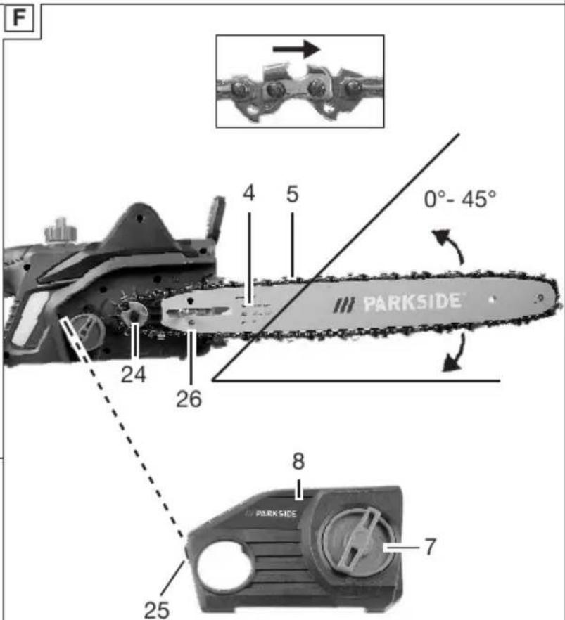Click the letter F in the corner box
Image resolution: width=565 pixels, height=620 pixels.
click(18, 18)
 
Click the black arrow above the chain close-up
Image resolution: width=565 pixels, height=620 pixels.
click(296, 49)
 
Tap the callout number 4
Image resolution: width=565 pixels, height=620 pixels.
click(249, 193)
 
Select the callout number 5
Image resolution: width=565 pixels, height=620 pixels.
click(292, 194)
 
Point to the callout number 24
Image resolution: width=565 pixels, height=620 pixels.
click(134, 375)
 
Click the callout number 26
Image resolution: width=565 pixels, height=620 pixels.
click(189, 399)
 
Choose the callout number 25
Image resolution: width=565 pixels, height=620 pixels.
click(157, 609)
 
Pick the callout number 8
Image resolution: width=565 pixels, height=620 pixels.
click(298, 461)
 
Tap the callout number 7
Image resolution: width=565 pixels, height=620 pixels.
click(430, 547)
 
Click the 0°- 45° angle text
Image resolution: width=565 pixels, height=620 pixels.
click(459, 199)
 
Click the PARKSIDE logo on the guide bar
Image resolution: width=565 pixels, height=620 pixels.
click(398, 304)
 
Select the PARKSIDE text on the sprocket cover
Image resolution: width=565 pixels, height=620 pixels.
click(271, 513)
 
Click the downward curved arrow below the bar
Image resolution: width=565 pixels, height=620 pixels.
click(456, 354)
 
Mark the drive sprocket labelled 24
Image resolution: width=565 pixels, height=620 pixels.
click(134, 313)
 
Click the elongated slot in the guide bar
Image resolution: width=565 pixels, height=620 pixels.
click(198, 311)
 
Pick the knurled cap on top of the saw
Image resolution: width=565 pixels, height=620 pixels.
click(60, 230)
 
